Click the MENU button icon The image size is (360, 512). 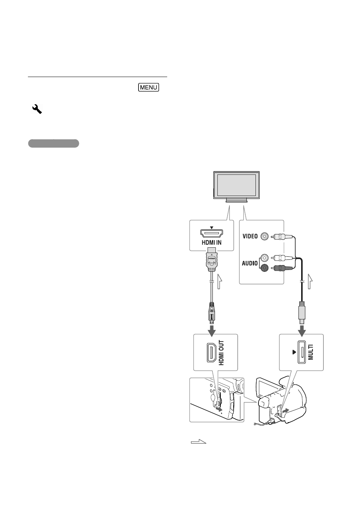(x=148, y=87)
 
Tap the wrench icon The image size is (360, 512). (x=37, y=109)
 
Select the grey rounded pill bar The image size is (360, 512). (x=54, y=143)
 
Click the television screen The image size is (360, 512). (x=237, y=185)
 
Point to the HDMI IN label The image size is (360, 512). (x=212, y=242)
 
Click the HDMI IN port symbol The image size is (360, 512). (x=212, y=233)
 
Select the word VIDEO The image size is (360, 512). (x=250, y=236)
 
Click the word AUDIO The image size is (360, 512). (x=250, y=263)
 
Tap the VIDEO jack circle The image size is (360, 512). (x=265, y=236)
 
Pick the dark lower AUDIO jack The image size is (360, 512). (x=265, y=268)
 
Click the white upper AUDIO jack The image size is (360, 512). (x=265, y=258)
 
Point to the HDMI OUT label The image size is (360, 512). (x=221, y=353)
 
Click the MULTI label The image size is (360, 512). (x=311, y=352)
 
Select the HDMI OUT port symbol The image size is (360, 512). (x=212, y=353)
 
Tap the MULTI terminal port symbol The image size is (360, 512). (x=302, y=352)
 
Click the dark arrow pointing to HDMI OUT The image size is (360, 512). (x=212, y=331)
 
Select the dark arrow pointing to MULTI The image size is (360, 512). (x=302, y=331)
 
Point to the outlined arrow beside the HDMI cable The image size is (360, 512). (x=220, y=281)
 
